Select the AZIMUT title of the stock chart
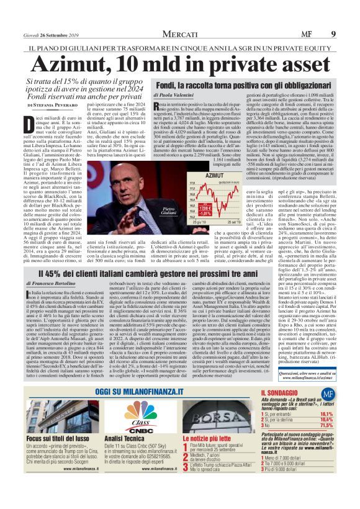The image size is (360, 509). pyautogui.click(x=214, y=176)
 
